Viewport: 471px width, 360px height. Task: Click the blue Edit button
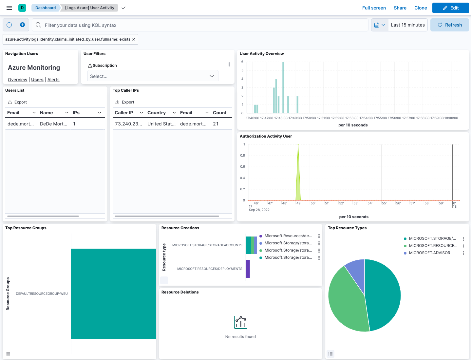pyautogui.click(x=450, y=8)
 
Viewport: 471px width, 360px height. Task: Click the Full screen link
pyautogui.click(x=374, y=8)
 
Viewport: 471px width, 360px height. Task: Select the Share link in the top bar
pyautogui.click(x=400, y=8)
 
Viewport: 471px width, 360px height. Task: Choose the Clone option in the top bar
pyautogui.click(x=421, y=8)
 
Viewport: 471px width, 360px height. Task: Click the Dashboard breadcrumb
pyautogui.click(x=46, y=8)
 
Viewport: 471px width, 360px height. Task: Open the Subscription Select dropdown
pyautogui.click(x=152, y=76)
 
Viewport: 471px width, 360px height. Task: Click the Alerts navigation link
pyautogui.click(x=53, y=80)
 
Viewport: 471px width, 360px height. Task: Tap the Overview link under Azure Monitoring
pyautogui.click(x=17, y=80)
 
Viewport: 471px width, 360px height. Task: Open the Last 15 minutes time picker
pyautogui.click(x=407, y=25)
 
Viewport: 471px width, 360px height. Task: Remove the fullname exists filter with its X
pyautogui.click(x=134, y=39)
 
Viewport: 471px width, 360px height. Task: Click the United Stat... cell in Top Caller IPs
pyautogui.click(x=161, y=124)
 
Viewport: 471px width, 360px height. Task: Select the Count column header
pyautogui.click(x=219, y=113)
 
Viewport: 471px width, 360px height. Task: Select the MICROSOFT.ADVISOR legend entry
pyautogui.click(x=429, y=253)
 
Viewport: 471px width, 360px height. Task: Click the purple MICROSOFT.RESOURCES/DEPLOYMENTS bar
pyautogui.click(x=248, y=269)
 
